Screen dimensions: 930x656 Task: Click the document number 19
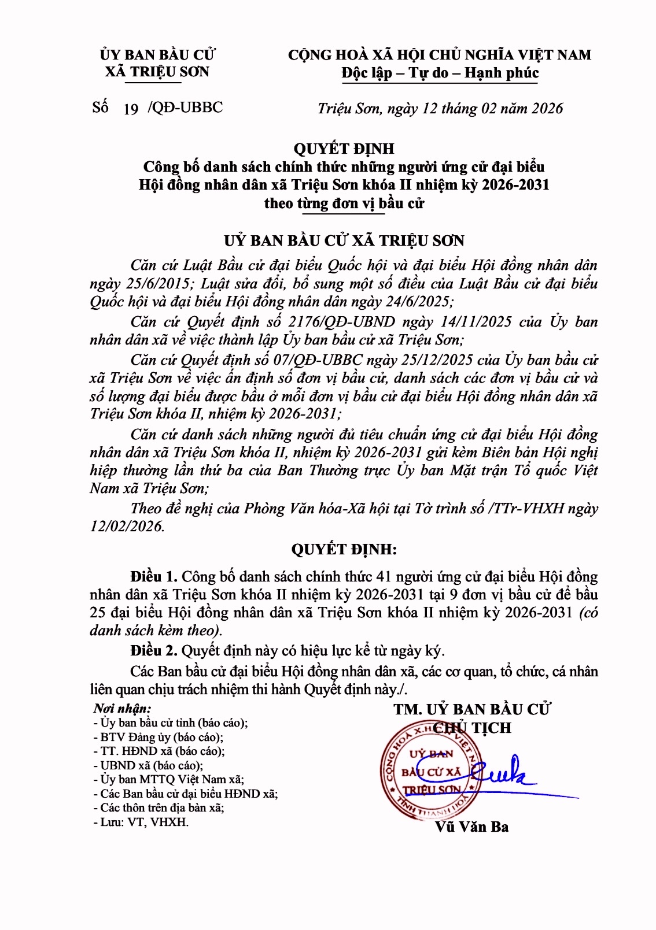click(131, 109)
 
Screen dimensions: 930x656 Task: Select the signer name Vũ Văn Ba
click(471, 827)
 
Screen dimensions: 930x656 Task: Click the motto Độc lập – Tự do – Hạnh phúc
click(440, 73)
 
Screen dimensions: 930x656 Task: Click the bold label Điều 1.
click(153, 577)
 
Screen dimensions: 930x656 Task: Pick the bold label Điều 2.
click(153, 651)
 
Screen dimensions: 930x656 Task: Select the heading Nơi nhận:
click(122, 709)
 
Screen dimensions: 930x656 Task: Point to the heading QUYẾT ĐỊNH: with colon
click(344, 550)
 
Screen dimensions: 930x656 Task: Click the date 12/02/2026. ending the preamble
click(127, 527)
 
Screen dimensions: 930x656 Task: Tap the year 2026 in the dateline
click(547, 109)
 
